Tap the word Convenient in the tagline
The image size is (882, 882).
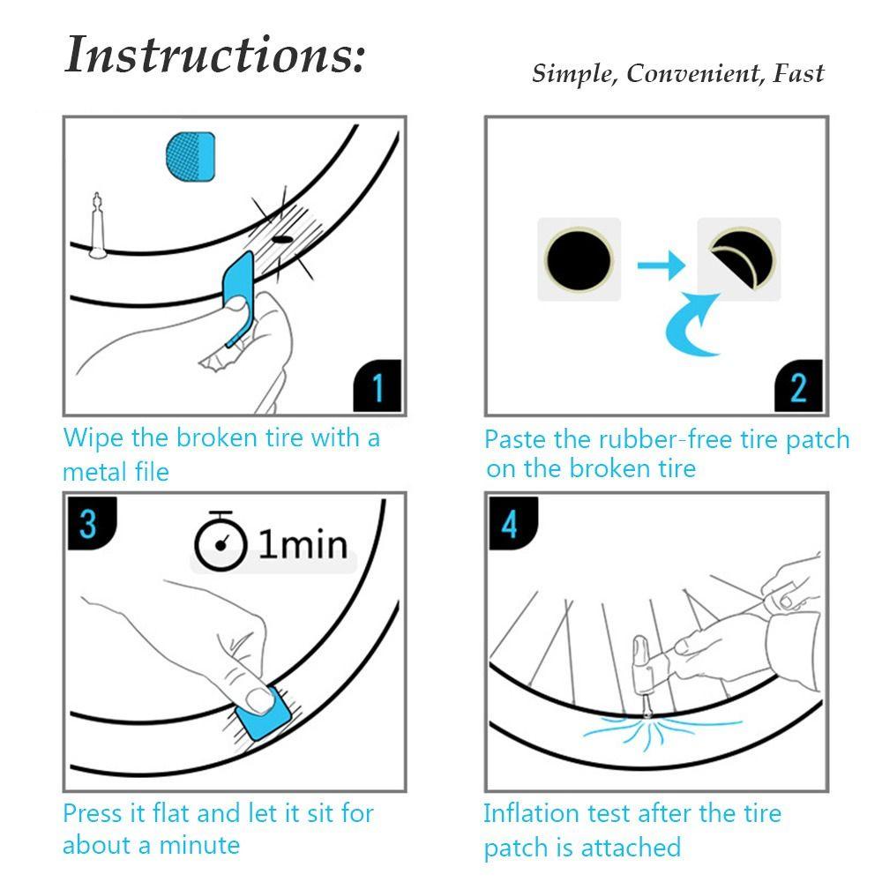[x=693, y=73]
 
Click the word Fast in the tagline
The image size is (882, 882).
[x=799, y=73]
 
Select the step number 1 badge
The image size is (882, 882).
[x=377, y=386]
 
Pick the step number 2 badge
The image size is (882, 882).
[x=798, y=386]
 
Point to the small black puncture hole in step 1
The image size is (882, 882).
[x=282, y=240]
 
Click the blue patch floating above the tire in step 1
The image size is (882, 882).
[x=191, y=157]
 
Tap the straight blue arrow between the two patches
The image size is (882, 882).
[x=661, y=265]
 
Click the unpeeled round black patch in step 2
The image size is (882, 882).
[x=579, y=260]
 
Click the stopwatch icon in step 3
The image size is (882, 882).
[x=220, y=542]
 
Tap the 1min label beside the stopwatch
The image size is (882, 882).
[x=303, y=544]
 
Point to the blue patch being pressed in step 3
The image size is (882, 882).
[x=263, y=714]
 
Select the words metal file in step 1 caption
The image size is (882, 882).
[x=116, y=471]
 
